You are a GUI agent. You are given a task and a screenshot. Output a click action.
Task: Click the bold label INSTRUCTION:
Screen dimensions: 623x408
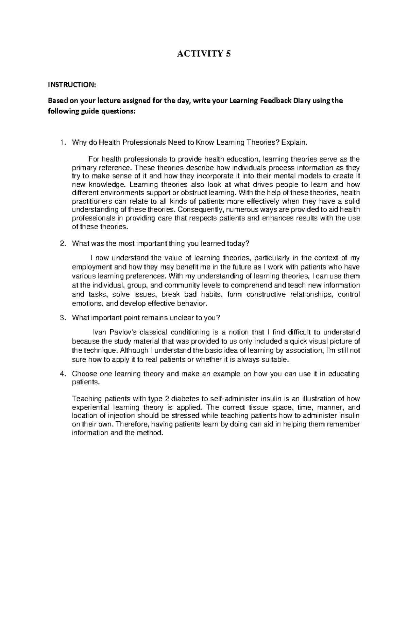coord(72,85)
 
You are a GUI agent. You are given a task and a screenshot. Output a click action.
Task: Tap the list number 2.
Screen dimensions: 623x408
coord(62,243)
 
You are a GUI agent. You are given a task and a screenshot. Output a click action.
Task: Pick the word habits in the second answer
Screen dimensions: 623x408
coord(208,294)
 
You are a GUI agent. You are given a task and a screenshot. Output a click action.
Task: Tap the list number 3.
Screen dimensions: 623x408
coord(62,318)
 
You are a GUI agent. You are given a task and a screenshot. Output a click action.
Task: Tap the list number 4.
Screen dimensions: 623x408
coord(62,374)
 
